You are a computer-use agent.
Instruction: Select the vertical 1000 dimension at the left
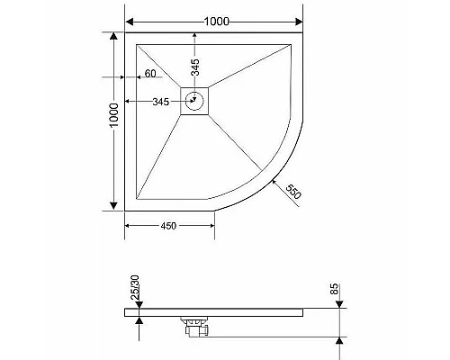pos(112,122)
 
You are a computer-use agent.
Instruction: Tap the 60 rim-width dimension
pos(151,73)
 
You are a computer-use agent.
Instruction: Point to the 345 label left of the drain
pos(161,102)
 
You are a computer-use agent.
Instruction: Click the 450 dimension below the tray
pos(169,226)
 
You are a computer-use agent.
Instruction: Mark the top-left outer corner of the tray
pos(125,33)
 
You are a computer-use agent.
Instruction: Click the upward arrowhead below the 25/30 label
pos(139,319)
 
